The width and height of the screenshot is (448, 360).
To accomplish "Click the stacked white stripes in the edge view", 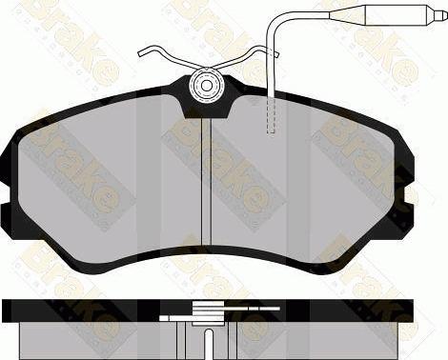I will click(206, 308).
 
